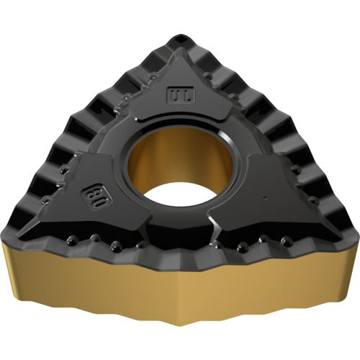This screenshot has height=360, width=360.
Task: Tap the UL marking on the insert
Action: coord(176,94)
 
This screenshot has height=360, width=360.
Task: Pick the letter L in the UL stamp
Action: coord(181,94)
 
